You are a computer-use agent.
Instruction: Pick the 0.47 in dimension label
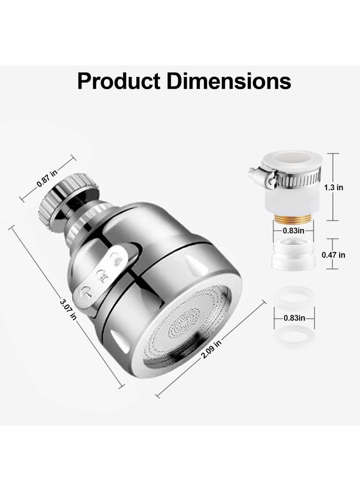tap(333, 254)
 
